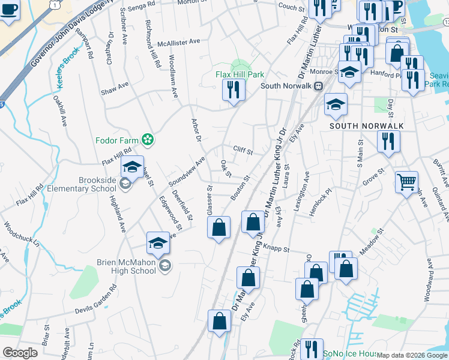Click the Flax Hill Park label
tap(240, 75)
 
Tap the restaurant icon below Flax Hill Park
tap(232, 90)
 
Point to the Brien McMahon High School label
tap(127, 266)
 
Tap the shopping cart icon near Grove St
tap(406, 181)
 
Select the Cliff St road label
tap(243, 150)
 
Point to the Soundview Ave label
tap(187, 172)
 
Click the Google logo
tap(20, 353)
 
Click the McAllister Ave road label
tap(178, 42)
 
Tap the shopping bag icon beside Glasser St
tap(218, 227)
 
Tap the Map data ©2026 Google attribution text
tap(412, 355)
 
